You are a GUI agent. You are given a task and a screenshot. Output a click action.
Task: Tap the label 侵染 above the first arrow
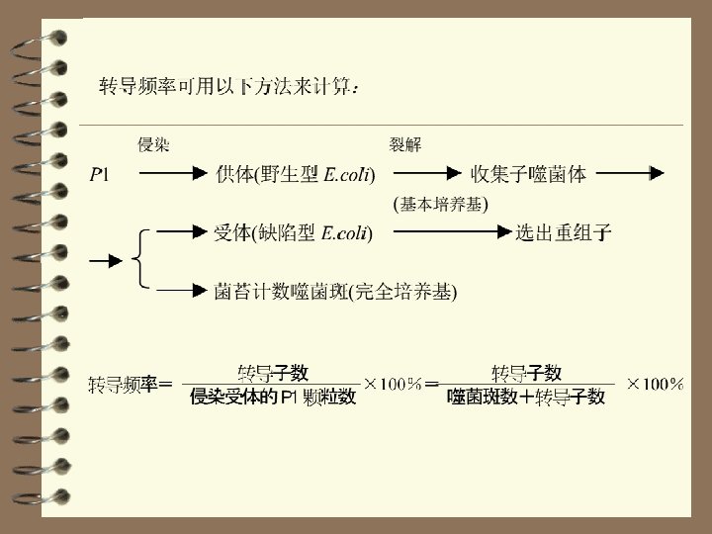pyautogui.click(x=153, y=146)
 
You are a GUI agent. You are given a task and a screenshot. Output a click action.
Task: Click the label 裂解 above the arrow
pyautogui.click(x=405, y=146)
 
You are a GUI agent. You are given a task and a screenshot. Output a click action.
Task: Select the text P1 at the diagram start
pyautogui.click(x=100, y=175)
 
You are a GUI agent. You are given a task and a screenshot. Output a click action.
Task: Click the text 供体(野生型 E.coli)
pyautogui.click(x=295, y=175)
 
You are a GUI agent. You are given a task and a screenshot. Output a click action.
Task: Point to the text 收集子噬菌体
pyautogui.click(x=528, y=175)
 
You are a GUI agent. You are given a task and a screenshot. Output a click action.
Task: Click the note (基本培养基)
pyautogui.click(x=441, y=204)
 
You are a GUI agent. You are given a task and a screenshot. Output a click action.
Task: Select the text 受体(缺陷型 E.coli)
pyautogui.click(x=293, y=233)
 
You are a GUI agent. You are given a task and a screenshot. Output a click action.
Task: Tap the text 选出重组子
pyautogui.click(x=564, y=233)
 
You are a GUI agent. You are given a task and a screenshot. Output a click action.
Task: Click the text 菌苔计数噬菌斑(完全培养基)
pyautogui.click(x=335, y=292)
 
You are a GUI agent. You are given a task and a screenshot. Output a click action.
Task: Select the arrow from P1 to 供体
pyautogui.click(x=170, y=175)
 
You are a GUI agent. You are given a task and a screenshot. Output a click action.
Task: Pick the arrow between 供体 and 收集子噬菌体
pyautogui.click(x=417, y=175)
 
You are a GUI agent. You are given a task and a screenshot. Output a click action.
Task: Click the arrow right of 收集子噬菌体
pyautogui.click(x=629, y=175)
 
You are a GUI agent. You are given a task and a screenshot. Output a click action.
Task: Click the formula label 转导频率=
pyautogui.click(x=131, y=385)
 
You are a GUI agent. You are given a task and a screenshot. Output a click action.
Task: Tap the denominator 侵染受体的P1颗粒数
pyautogui.click(x=273, y=398)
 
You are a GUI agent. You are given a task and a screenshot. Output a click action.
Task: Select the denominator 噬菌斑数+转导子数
pyautogui.click(x=526, y=398)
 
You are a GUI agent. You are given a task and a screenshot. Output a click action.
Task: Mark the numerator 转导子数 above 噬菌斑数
pyautogui.click(x=526, y=373)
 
